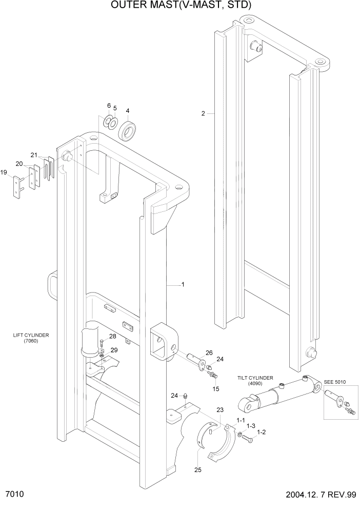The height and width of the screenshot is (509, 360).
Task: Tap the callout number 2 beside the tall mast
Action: click(x=203, y=113)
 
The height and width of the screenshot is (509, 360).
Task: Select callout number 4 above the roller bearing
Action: click(x=128, y=110)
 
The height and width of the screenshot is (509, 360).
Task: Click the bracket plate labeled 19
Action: click(x=18, y=185)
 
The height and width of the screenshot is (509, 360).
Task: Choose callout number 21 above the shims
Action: click(x=34, y=155)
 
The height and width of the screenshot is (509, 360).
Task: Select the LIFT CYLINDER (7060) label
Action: click(x=31, y=338)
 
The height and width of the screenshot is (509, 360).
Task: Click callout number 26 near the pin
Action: click(x=209, y=353)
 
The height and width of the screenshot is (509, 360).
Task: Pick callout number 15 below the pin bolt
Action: click(x=216, y=389)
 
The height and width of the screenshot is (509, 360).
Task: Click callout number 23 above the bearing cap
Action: click(x=220, y=410)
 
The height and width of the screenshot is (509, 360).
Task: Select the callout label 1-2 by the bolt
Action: click(x=261, y=432)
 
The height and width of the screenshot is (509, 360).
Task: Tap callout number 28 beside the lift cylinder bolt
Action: click(x=112, y=337)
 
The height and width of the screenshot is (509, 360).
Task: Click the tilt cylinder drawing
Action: click(x=277, y=395)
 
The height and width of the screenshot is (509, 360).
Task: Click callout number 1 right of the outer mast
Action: click(x=182, y=284)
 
